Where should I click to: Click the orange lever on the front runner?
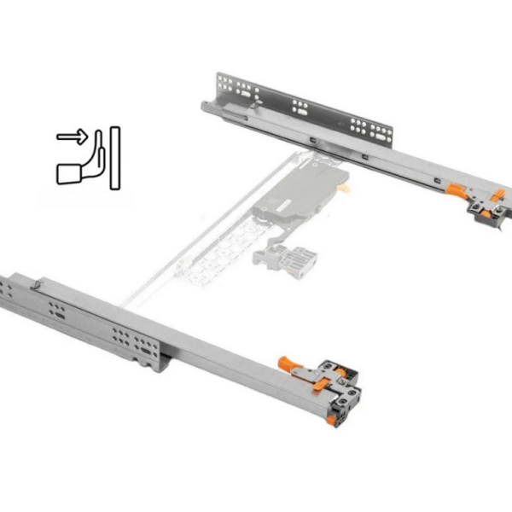tap(294, 369)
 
